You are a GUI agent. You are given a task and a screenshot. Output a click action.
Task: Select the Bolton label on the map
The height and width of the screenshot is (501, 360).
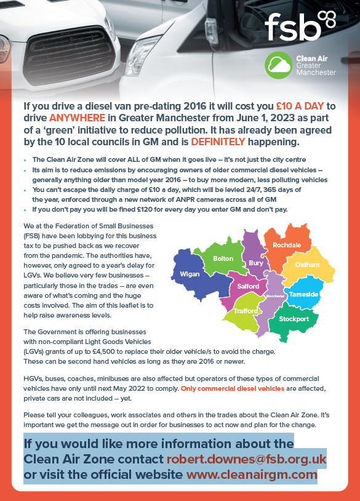[223, 259]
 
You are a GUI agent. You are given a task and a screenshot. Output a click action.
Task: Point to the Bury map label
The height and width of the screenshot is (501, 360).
[256, 263]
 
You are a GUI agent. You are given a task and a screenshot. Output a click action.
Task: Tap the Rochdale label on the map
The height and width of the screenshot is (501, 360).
[287, 245]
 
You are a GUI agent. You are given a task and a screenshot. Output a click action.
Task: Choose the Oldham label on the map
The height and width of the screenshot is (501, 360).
[308, 265]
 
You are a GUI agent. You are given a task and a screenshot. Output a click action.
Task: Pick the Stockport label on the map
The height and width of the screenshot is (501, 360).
[294, 319]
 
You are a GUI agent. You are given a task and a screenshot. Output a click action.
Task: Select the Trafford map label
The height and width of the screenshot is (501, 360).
[246, 311]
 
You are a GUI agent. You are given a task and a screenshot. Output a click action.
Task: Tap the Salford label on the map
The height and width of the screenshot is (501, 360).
[248, 287]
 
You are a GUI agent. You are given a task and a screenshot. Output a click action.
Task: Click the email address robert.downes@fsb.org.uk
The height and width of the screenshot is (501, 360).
[247, 460]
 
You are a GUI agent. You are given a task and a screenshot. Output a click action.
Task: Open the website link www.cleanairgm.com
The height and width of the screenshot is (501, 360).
[251, 475]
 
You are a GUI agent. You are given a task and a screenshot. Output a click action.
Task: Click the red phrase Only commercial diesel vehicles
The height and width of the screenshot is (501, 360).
[233, 389]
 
